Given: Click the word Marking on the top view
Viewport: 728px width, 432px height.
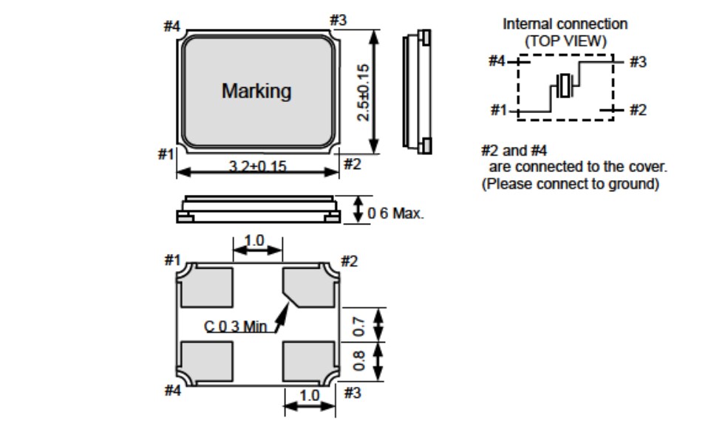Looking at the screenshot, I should pyautogui.click(x=256, y=92).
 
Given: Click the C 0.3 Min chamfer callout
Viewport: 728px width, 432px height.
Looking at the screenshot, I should pyautogui.click(x=236, y=326).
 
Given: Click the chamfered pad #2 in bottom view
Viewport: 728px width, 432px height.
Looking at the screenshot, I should pyautogui.click(x=306, y=287).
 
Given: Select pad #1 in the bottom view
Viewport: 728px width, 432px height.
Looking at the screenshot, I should pyautogui.click(x=208, y=287).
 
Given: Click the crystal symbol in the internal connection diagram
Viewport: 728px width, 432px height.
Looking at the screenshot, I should pyautogui.click(x=565, y=86).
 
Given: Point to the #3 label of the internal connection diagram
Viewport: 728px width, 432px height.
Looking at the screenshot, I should pyautogui.click(x=637, y=62).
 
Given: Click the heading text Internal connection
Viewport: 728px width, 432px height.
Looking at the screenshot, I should pyautogui.click(x=565, y=24).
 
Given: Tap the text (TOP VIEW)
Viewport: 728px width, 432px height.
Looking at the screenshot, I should pyautogui.click(x=565, y=41).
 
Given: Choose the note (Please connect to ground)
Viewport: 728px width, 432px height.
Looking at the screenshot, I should pyautogui.click(x=570, y=184).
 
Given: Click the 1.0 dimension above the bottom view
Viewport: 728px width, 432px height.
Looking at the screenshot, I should pyautogui.click(x=254, y=241).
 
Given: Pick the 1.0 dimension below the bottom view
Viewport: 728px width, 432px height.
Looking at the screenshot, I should pyautogui.click(x=309, y=395).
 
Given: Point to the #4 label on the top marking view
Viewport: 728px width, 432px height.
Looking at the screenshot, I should pyautogui.click(x=171, y=27).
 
